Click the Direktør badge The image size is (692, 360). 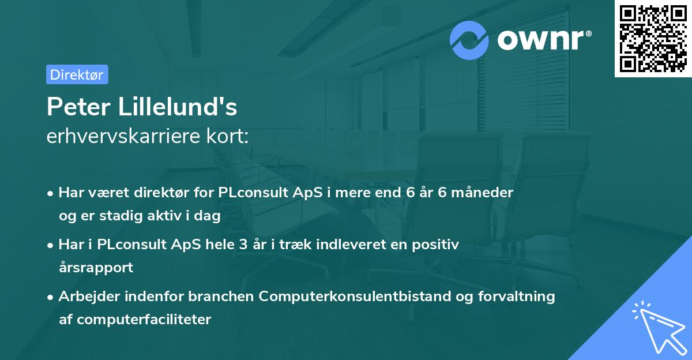pos(77,74)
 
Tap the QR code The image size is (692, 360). pos(653,39)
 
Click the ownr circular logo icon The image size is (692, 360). pos(469,40)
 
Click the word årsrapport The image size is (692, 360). pos(96,267)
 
